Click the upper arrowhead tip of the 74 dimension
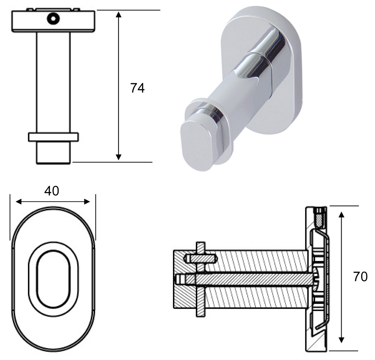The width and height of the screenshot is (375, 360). [118, 11]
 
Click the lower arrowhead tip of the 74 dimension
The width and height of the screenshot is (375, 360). [118, 160]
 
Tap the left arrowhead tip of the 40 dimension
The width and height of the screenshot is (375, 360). [16, 202]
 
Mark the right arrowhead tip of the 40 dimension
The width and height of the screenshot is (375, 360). [90, 202]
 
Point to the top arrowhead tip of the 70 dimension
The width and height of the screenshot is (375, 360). [342, 211]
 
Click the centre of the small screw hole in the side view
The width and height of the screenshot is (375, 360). [53, 18]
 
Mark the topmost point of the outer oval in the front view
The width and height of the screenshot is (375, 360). [53, 206]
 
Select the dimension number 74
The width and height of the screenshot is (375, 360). [138, 88]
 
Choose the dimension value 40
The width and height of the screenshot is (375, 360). [52, 191]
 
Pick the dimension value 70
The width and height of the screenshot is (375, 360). [360, 277]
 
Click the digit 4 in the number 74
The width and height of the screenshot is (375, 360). [141, 88]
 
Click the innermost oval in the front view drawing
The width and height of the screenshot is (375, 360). [53, 279]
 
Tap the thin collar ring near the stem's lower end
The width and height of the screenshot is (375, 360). [53, 137]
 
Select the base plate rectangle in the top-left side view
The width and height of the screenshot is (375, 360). [53, 21]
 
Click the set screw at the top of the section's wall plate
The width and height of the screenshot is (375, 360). [320, 217]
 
